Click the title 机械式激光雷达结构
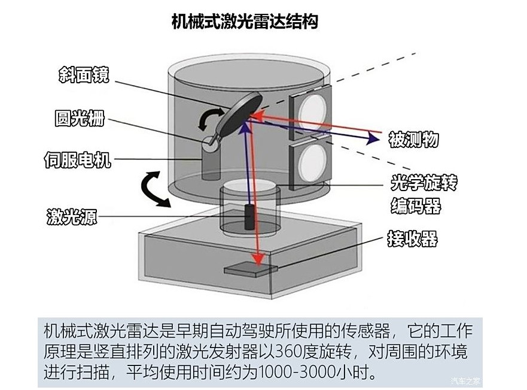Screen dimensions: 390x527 tap(244, 22)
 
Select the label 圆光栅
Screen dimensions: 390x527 tap(80, 119)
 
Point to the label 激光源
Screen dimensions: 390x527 tap(72, 217)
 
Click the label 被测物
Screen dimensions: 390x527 tap(413, 140)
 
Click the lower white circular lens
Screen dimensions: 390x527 tap(314, 162)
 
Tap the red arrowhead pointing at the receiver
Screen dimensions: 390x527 tap(258, 259)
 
